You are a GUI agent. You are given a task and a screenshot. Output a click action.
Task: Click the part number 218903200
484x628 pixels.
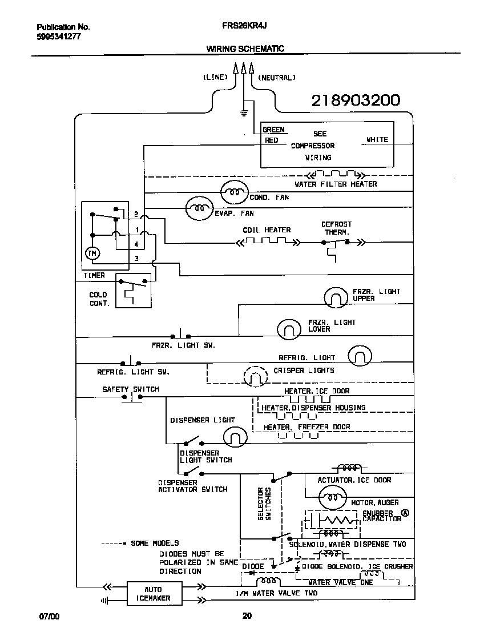[x=355, y=101]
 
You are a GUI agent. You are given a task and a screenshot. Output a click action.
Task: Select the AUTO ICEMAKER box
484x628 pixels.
[x=153, y=594]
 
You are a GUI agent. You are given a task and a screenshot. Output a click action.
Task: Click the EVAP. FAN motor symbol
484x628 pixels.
[x=199, y=209]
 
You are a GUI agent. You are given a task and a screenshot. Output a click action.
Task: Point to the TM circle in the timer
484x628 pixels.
[x=91, y=253]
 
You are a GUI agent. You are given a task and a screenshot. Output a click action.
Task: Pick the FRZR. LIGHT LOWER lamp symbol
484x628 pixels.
[x=289, y=329]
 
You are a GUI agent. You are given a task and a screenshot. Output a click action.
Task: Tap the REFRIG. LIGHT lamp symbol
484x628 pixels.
[x=360, y=356]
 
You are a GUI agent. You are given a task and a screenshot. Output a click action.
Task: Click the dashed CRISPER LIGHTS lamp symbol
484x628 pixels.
[x=255, y=376]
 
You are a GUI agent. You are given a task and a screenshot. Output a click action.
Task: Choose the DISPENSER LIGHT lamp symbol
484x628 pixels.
[x=235, y=438]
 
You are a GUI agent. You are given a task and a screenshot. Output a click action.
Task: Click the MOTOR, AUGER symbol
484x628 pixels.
[x=332, y=498]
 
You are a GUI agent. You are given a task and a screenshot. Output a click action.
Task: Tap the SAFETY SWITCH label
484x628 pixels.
[x=130, y=389]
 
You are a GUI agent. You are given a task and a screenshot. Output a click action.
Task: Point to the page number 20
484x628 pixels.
[x=247, y=615]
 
